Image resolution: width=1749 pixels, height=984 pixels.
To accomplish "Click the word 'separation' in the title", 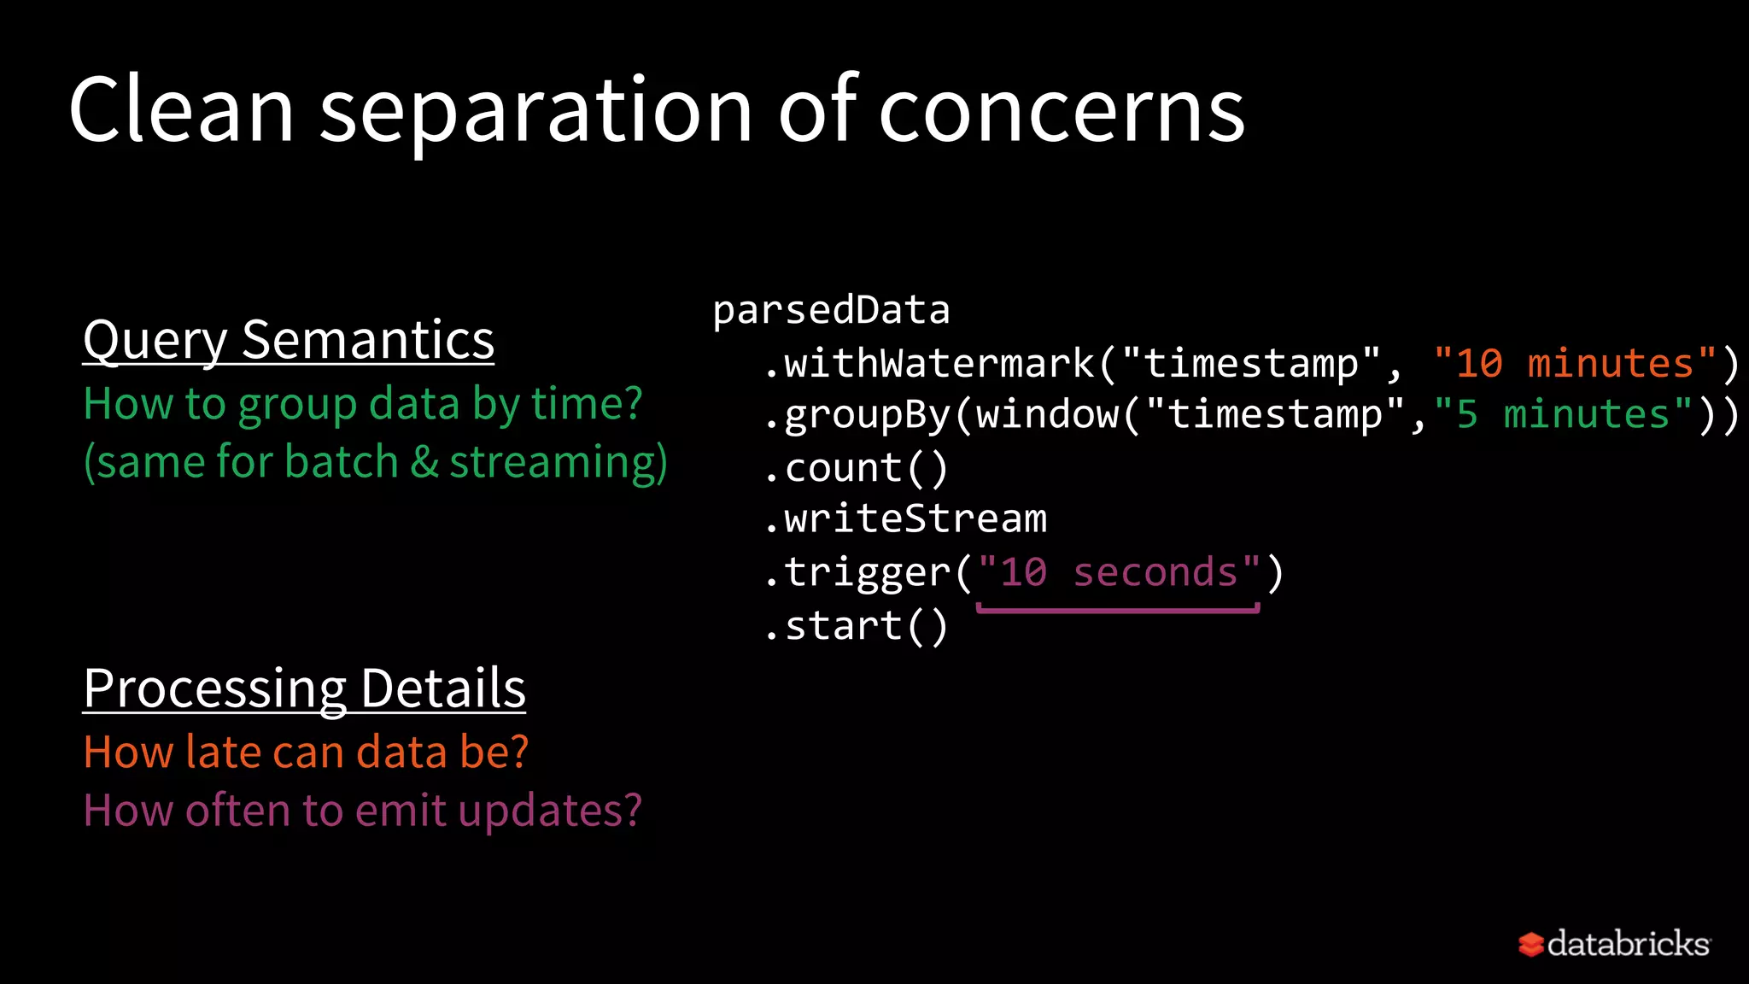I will pos(535,111).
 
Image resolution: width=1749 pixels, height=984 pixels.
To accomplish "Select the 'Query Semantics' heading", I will pos(289,340).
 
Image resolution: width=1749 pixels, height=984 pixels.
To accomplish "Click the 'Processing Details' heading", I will pos(304,688).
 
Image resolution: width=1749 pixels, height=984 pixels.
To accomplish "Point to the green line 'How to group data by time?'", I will pos(363,403).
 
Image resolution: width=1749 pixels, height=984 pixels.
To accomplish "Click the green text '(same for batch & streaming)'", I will pos(376,462).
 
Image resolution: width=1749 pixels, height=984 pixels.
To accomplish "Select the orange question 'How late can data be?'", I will pos(306,753).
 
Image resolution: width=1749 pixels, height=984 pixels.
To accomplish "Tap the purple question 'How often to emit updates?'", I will pos(363,811).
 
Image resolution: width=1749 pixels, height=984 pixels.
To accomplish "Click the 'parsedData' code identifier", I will pos(831,310).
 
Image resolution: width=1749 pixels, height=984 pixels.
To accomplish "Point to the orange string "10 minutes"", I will pos(1575,364).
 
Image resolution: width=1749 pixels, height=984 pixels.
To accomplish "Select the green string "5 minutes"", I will pos(1563,415).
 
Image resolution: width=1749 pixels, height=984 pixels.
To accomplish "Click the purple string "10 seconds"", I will pos(1119,572).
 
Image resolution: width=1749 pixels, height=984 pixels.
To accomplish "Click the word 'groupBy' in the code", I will pos(868,415).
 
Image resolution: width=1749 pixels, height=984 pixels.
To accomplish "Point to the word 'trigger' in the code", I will pos(868,572).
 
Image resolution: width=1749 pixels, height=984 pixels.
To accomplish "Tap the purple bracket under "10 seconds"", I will pos(1118,609).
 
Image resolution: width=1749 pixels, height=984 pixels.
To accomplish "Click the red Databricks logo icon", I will pos(1530,945).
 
